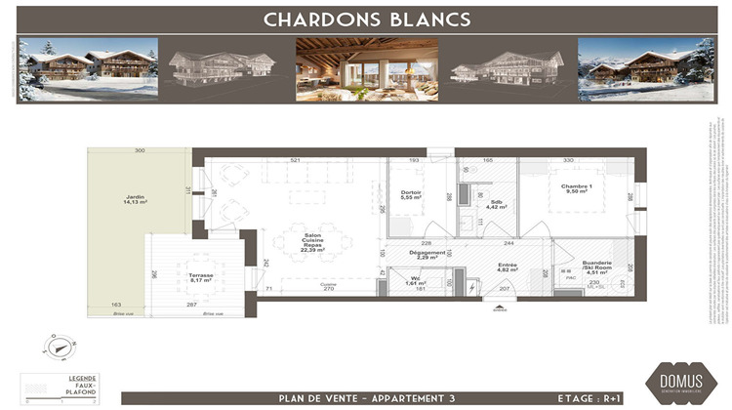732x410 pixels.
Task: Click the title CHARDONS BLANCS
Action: point(367,19)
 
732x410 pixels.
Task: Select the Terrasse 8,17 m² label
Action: point(202,278)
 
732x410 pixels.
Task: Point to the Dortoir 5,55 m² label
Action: point(411,195)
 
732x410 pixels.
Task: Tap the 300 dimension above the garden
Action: point(140,151)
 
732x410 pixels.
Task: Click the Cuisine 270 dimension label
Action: point(329,287)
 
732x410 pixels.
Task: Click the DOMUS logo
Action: point(675,379)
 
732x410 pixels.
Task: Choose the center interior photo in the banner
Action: point(367,69)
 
